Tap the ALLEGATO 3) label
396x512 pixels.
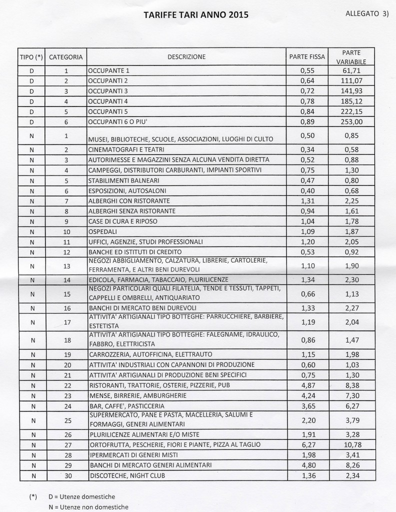click(x=367, y=13)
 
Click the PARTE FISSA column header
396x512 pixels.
click(x=306, y=57)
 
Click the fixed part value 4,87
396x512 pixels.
click(x=306, y=385)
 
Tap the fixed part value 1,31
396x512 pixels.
click(x=306, y=201)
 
